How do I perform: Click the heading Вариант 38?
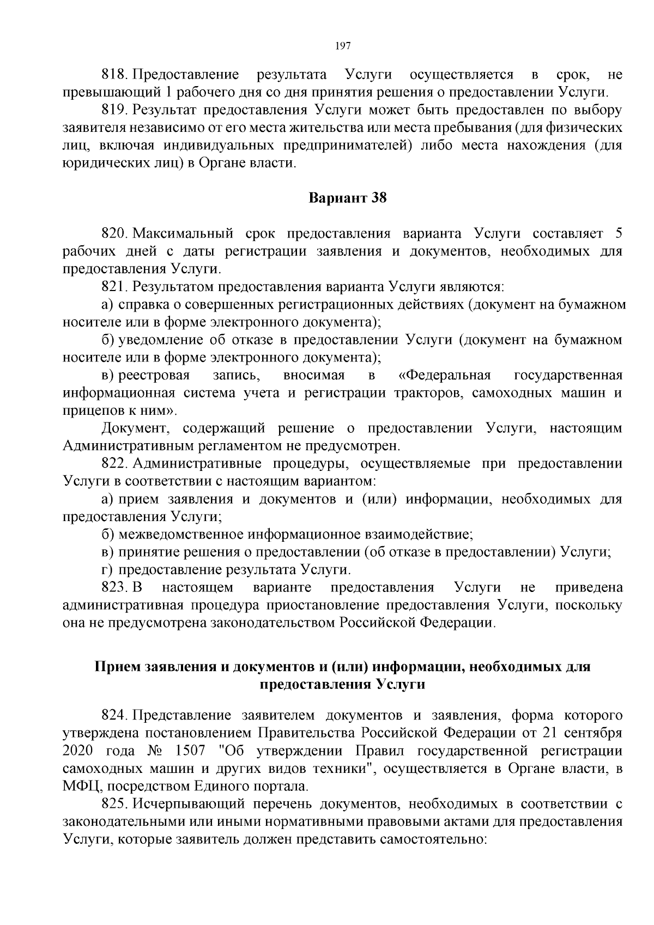coord(348,198)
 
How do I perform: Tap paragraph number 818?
coord(114,75)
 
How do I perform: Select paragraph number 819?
coord(114,110)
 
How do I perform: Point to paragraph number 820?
coord(114,234)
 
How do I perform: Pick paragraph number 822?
coord(114,464)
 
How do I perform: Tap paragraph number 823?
coord(114,588)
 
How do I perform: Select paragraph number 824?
coord(114,715)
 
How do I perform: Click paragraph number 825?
coord(114,804)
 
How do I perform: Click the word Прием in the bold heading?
coord(114,667)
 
